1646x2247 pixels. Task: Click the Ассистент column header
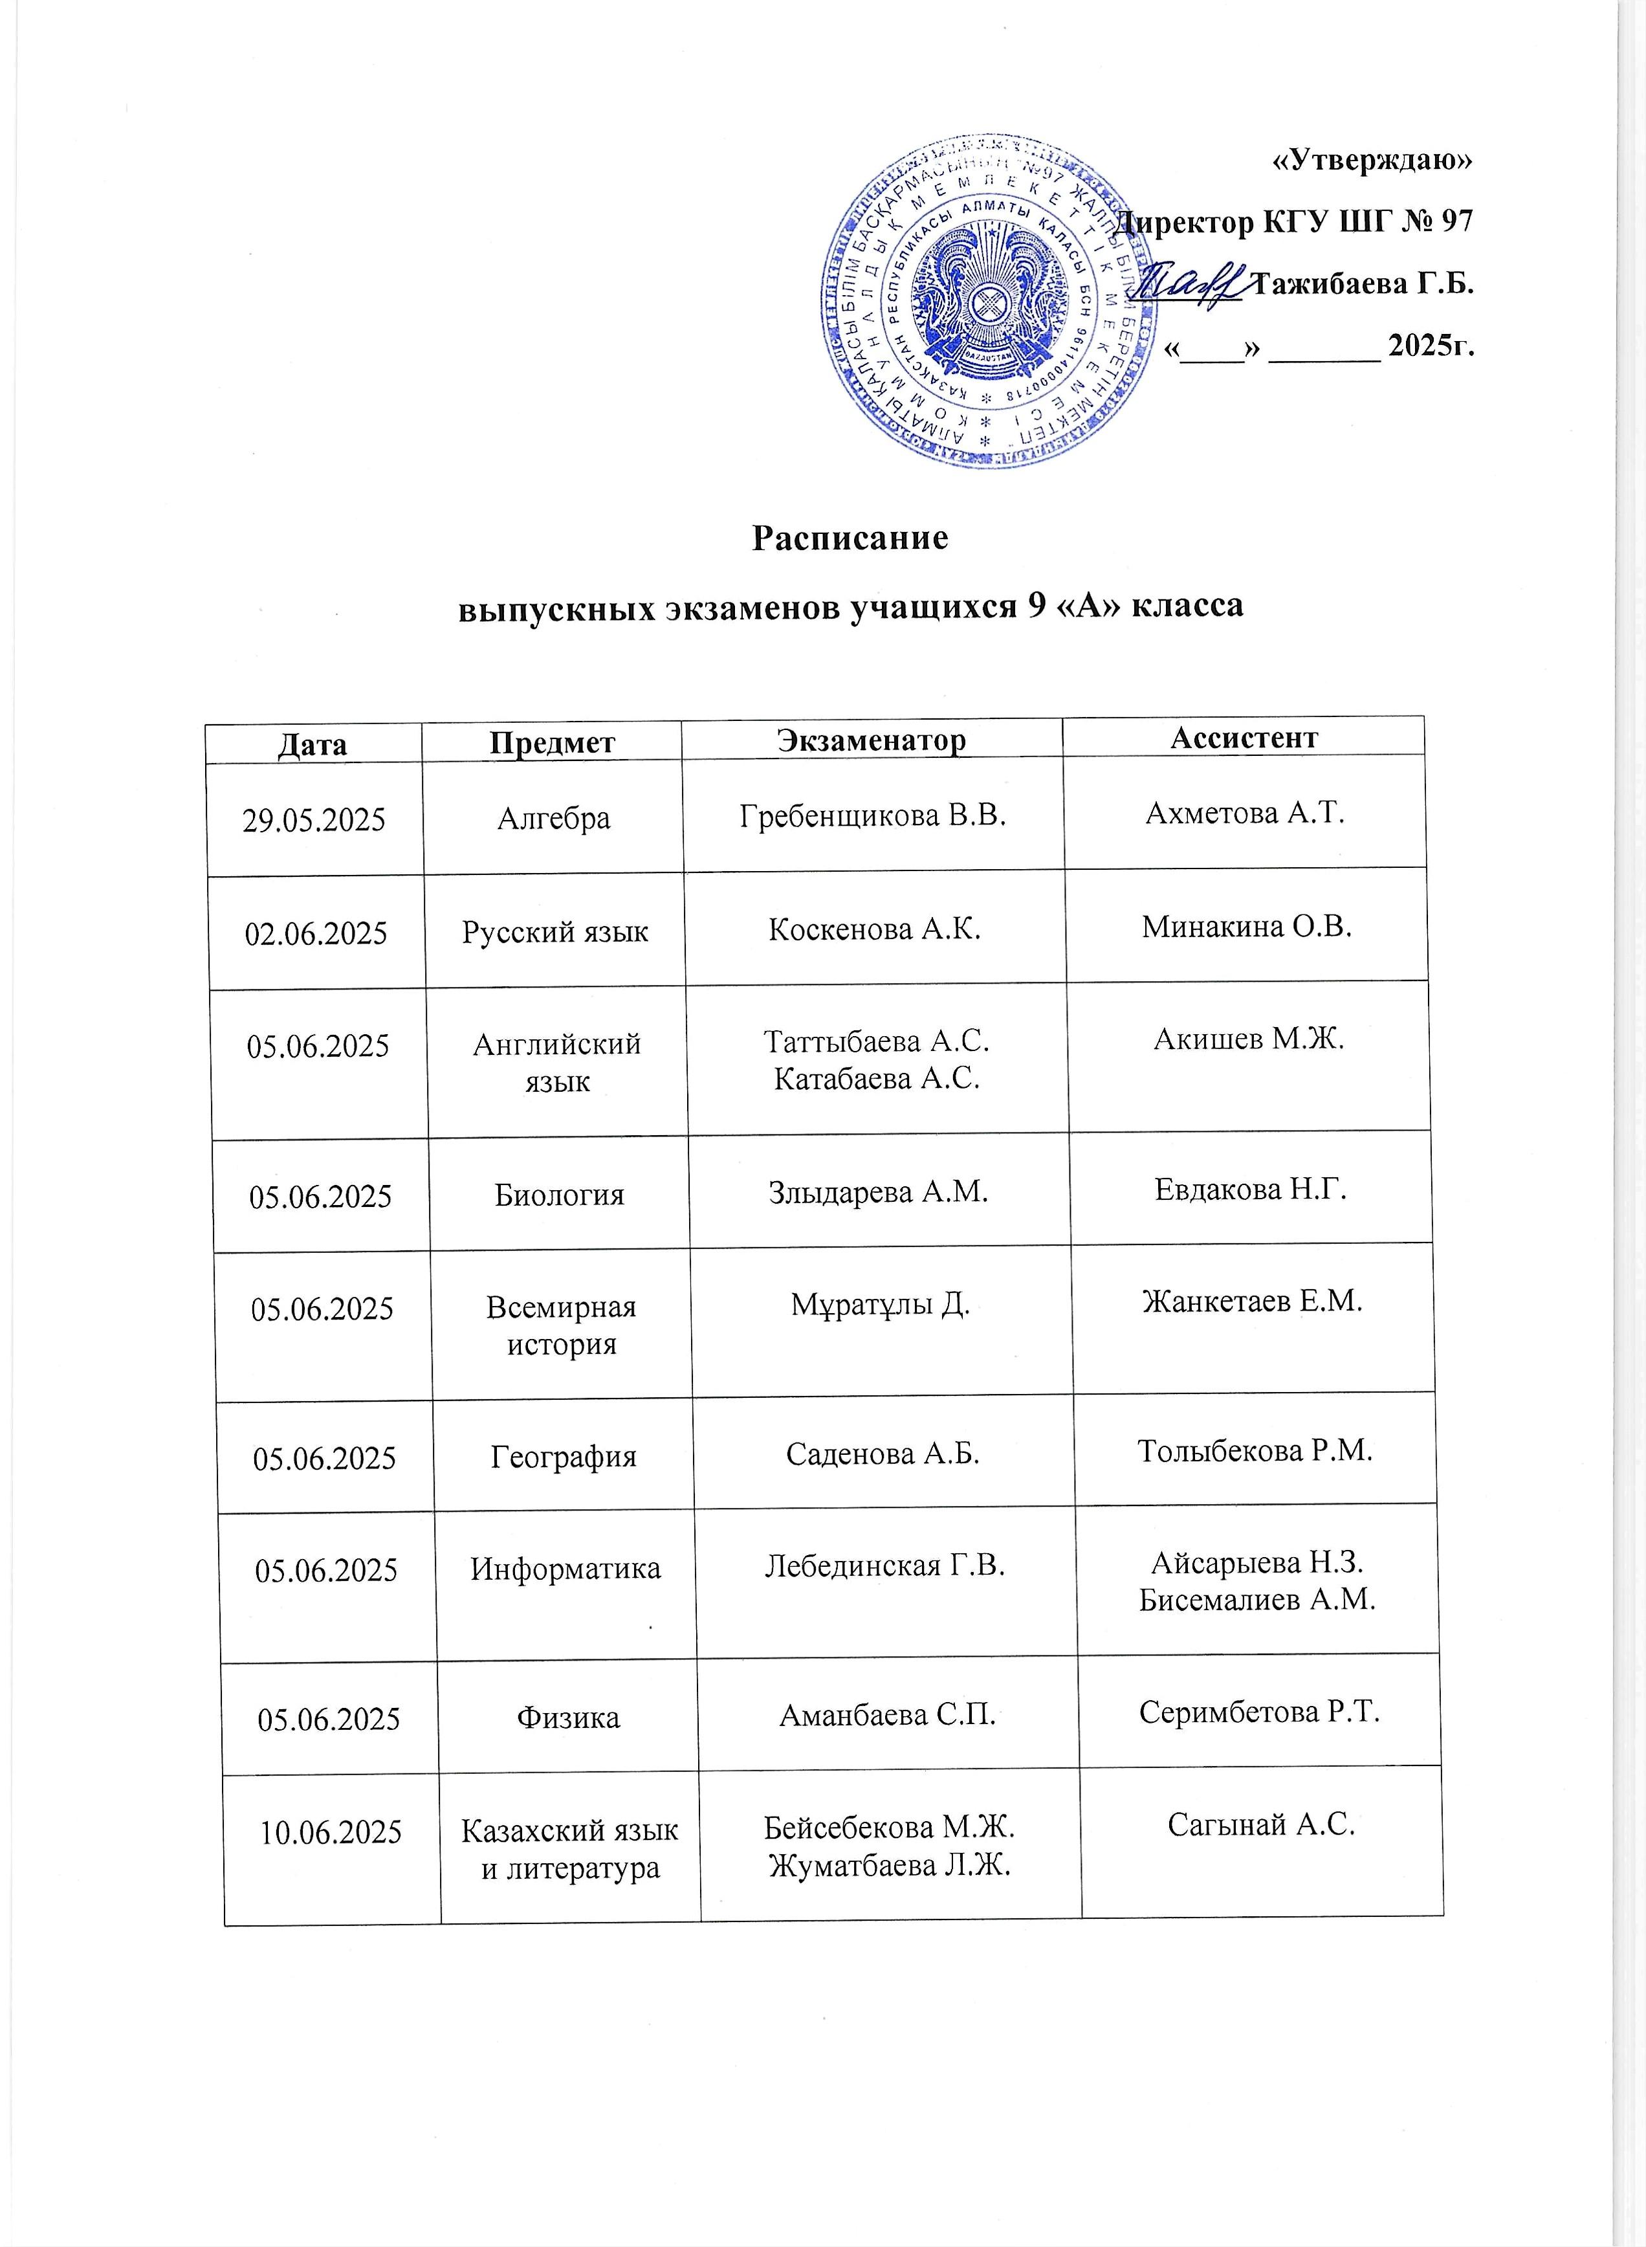[1244, 736]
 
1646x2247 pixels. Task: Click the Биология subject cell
[559, 1195]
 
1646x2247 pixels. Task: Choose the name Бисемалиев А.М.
[1257, 1600]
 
